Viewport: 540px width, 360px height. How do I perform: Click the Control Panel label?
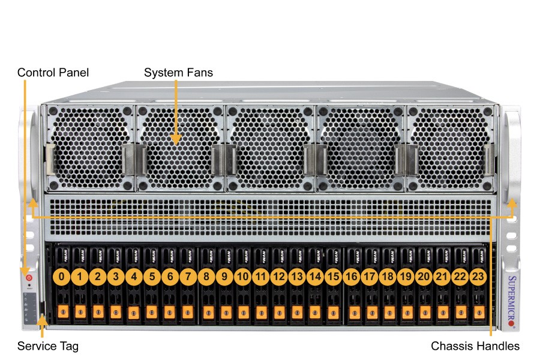(53, 73)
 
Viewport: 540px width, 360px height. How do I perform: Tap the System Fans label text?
(178, 73)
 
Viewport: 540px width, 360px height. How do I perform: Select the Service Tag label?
(47, 346)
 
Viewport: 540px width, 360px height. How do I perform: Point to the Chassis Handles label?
(475, 346)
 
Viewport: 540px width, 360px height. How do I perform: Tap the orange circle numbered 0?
(62, 277)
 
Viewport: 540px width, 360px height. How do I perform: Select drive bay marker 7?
(188, 277)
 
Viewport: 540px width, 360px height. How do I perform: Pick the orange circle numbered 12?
(278, 277)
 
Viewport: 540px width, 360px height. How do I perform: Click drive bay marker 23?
(478, 277)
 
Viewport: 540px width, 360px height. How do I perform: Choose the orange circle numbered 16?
(352, 277)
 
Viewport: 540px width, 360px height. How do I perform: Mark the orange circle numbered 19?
(406, 277)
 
